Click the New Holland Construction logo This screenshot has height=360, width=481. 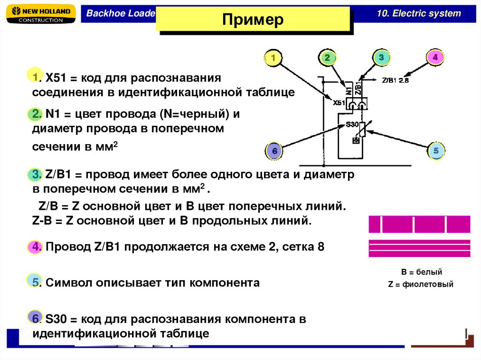[40, 14]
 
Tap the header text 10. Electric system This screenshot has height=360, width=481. [419, 13]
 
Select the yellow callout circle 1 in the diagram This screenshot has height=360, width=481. [273, 58]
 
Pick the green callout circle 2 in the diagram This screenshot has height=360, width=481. [327, 58]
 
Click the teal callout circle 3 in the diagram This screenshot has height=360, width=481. [381, 58]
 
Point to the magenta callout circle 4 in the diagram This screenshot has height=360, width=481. [435, 58]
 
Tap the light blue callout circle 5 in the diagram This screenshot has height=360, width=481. [436, 151]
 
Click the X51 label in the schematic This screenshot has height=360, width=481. [339, 102]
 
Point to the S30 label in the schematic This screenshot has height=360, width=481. [352, 124]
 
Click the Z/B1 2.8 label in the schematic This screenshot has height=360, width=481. [395, 80]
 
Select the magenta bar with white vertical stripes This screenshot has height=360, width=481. [419, 224]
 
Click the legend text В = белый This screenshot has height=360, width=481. [421, 272]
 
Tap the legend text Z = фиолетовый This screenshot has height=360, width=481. [420, 284]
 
